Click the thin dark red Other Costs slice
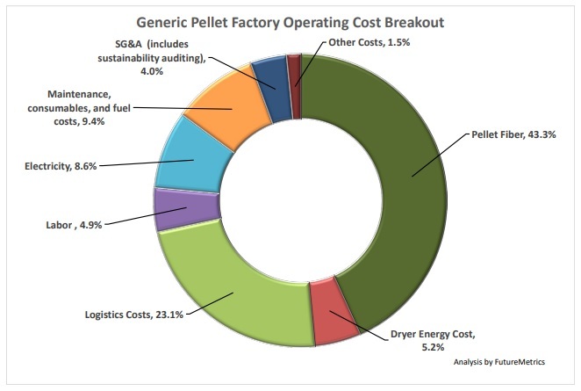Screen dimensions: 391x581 [x=294, y=69]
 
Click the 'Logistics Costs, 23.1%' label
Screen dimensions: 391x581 [x=134, y=314]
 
